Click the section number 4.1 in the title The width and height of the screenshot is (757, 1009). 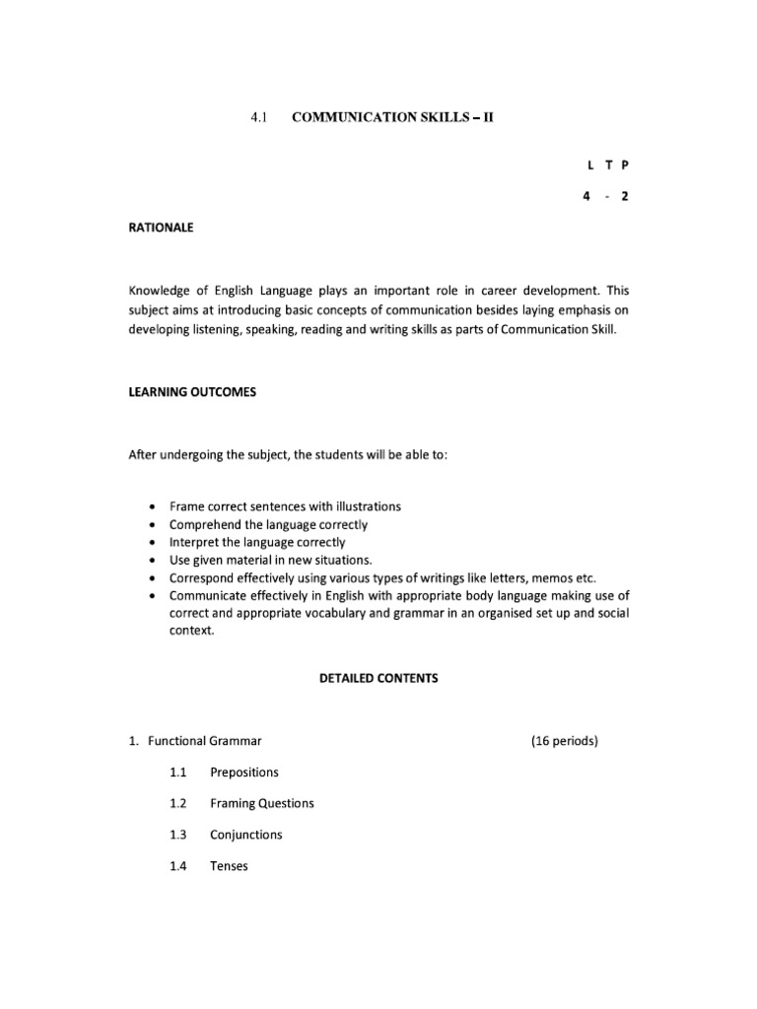click(259, 116)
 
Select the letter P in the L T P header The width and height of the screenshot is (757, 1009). click(623, 168)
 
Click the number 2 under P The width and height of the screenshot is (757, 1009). click(623, 196)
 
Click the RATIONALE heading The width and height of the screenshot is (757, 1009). click(162, 228)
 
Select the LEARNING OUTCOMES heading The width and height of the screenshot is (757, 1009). click(192, 392)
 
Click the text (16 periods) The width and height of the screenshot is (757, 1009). click(564, 740)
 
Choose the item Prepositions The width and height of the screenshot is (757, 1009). click(244, 772)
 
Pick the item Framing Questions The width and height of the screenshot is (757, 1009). click(262, 803)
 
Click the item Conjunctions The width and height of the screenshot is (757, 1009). click(246, 835)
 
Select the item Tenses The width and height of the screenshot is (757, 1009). click(230, 866)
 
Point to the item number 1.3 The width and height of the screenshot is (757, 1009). click(177, 835)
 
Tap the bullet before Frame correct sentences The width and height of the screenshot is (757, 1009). click(151, 506)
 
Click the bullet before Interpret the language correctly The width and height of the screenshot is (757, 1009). click(151, 542)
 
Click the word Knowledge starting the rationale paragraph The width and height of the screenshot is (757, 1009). click(163, 292)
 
